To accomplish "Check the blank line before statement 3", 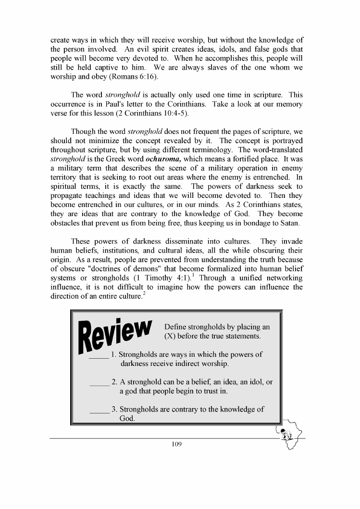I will (99, 411).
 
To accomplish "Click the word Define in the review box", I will (176, 327).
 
